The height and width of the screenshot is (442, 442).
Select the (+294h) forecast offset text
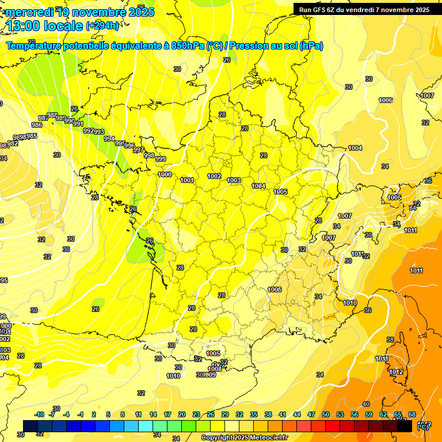point(103,26)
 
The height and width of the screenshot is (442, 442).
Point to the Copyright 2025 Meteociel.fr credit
point(244,437)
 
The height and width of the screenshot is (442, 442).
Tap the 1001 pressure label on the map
point(187,180)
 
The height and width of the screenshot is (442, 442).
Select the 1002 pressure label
point(214,176)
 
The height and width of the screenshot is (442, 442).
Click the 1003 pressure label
point(234,180)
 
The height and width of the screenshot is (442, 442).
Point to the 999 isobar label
point(161,159)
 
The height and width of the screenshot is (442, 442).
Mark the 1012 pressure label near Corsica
point(396,372)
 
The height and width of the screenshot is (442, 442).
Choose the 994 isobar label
point(109,139)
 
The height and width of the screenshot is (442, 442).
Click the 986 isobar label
point(37,125)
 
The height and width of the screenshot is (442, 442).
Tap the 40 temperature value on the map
point(366,405)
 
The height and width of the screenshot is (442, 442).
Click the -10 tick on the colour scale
point(40,414)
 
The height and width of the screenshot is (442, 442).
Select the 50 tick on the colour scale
point(326,414)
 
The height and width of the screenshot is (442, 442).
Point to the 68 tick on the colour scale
point(411,414)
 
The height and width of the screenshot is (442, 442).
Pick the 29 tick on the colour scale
point(224,414)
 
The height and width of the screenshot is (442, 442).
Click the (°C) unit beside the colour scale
point(422,426)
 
